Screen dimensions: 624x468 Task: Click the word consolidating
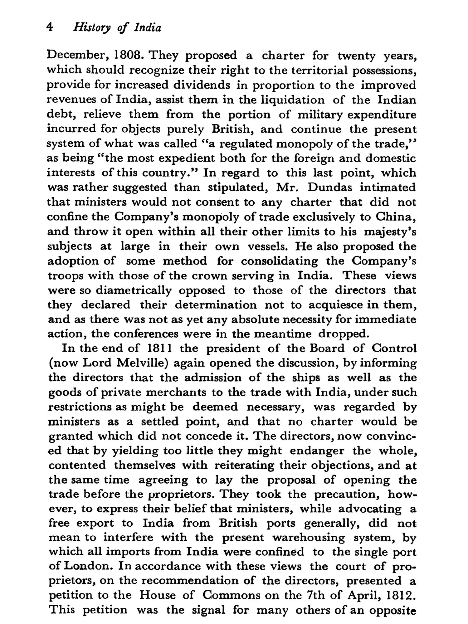coord(279,261)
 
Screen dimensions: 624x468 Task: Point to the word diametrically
coord(134,290)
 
